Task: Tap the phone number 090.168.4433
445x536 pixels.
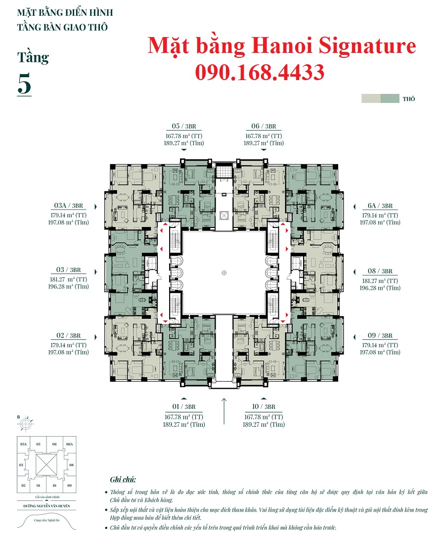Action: (x=260, y=72)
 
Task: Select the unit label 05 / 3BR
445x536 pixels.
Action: (x=183, y=126)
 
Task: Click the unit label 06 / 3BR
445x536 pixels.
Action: (x=264, y=126)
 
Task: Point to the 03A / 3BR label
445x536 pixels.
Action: (x=68, y=206)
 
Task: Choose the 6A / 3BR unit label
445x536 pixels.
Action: (x=380, y=206)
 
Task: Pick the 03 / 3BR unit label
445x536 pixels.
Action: (x=69, y=270)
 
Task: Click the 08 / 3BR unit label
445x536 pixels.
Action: (x=380, y=271)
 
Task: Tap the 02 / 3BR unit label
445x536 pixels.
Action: (x=69, y=336)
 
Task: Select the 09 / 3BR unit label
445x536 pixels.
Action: (x=380, y=336)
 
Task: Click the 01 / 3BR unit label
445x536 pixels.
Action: (x=183, y=407)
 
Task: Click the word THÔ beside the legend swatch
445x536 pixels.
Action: (x=408, y=99)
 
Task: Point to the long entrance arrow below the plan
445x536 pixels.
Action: (x=224, y=410)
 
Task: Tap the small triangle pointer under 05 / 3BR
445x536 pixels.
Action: (x=183, y=149)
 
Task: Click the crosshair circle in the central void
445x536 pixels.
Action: (x=224, y=272)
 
